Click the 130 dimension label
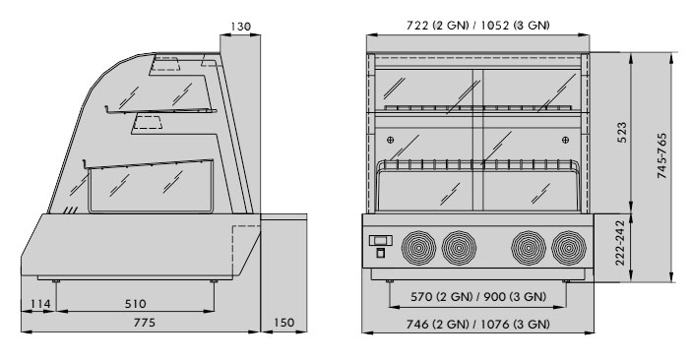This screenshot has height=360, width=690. (241, 27)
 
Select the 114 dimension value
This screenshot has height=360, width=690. (40, 304)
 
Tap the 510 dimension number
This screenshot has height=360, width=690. (135, 304)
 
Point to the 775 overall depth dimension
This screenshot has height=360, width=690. (145, 323)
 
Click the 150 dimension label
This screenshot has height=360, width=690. (283, 323)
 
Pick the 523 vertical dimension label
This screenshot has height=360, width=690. (622, 133)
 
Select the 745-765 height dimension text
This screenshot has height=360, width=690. (661, 155)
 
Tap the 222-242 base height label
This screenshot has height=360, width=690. (619, 243)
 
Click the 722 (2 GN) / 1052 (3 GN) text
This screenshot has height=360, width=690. (478, 26)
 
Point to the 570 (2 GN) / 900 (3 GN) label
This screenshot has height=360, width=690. (478, 297)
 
